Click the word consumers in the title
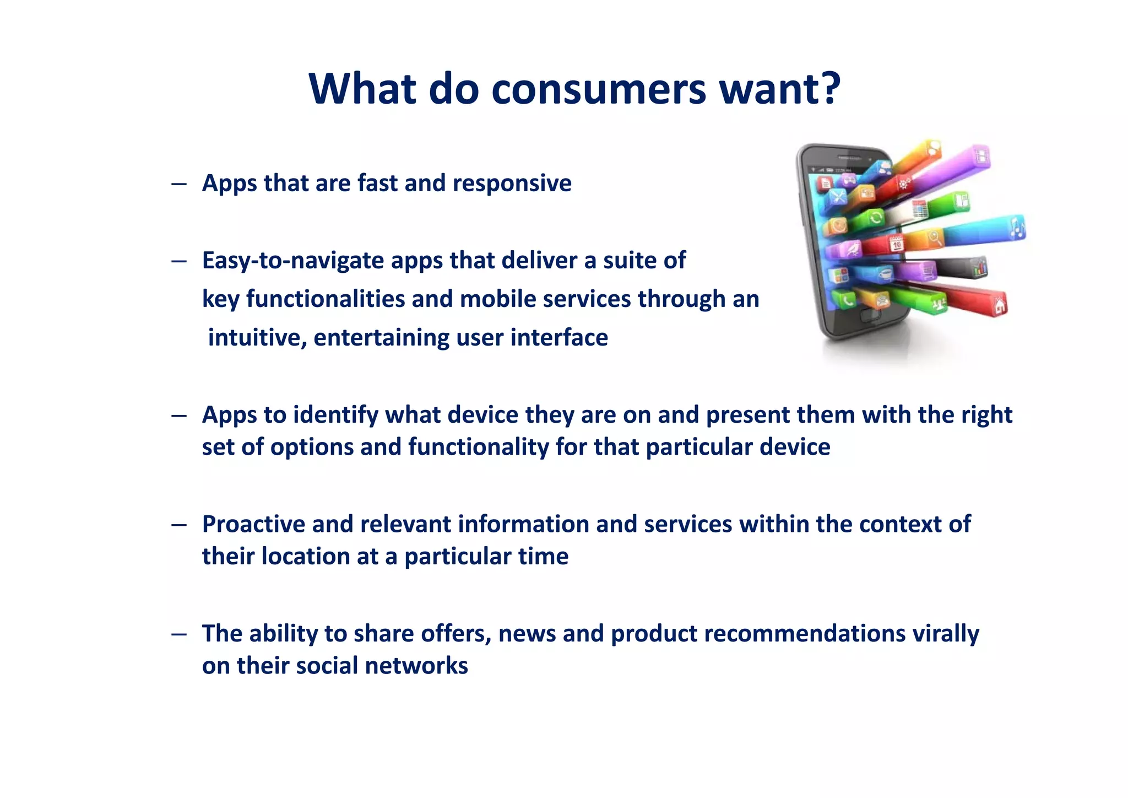click(599, 89)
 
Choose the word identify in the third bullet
click(335, 415)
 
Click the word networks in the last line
click(416, 666)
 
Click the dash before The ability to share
click(178, 634)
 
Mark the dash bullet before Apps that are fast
click(178, 184)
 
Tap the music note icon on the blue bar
click(1016, 228)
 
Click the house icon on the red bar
click(999, 304)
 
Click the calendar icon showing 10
click(896, 243)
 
